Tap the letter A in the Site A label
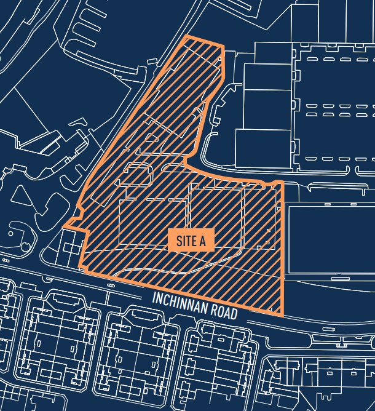pos(202,241)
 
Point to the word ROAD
pos(223,312)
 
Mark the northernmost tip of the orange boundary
pos(186,38)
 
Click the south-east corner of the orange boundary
pos(283,314)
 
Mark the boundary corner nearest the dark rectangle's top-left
pos(282,183)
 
